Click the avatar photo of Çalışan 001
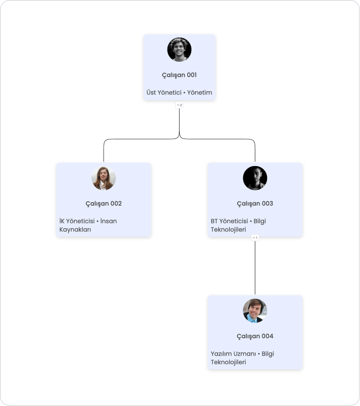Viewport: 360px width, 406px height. point(179,50)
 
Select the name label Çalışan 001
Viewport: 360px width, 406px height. point(179,75)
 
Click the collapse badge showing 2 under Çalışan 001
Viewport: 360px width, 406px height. point(179,105)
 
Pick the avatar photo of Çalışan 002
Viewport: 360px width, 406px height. point(103,178)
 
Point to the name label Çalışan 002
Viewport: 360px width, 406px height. point(103,204)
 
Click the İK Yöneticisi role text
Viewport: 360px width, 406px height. point(77,221)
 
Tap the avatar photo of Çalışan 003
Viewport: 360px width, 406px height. point(255,178)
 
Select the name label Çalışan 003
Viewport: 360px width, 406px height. point(255,204)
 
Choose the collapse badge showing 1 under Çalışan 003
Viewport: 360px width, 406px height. point(255,238)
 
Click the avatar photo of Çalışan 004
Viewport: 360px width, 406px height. point(255,311)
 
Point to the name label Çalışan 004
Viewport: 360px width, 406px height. point(255,336)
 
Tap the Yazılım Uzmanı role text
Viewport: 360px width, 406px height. point(233,354)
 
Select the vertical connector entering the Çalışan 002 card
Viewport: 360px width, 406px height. point(103,153)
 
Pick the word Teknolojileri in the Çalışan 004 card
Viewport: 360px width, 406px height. point(228,362)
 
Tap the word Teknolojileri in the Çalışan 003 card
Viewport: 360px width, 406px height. point(228,230)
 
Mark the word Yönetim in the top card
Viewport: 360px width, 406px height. point(199,93)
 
